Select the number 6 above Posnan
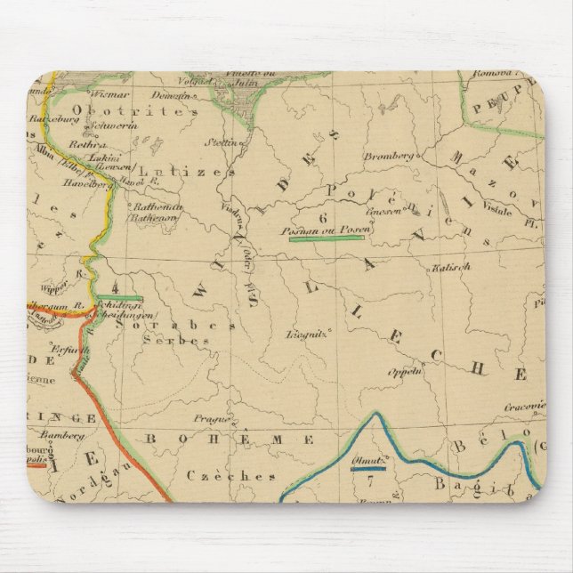[323, 217]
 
